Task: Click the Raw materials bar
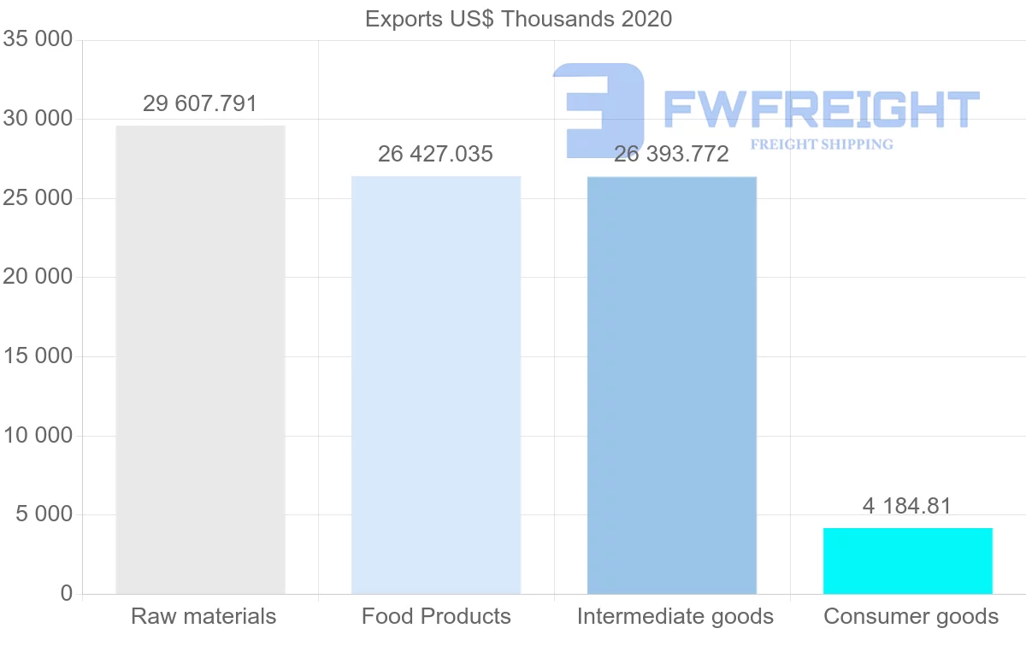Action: tap(200, 360)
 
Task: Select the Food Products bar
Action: tap(436, 385)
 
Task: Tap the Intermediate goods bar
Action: tap(672, 385)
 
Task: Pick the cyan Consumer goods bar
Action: tap(908, 561)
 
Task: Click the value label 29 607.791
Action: tap(200, 104)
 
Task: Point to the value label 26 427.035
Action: tap(436, 155)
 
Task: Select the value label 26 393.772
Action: tap(672, 155)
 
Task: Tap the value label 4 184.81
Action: tap(907, 507)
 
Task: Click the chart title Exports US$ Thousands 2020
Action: tap(519, 19)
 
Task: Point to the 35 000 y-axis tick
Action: tap(38, 40)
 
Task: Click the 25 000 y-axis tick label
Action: tap(38, 198)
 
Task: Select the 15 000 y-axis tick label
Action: tap(38, 356)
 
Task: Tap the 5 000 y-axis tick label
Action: tap(44, 514)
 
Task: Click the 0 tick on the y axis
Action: tap(67, 594)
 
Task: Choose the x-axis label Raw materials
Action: tap(203, 616)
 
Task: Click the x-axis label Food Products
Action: tap(436, 616)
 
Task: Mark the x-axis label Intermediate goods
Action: tap(675, 616)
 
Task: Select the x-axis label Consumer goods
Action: tap(911, 616)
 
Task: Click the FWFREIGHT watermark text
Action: tap(821, 109)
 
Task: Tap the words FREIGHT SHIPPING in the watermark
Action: tap(822, 144)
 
